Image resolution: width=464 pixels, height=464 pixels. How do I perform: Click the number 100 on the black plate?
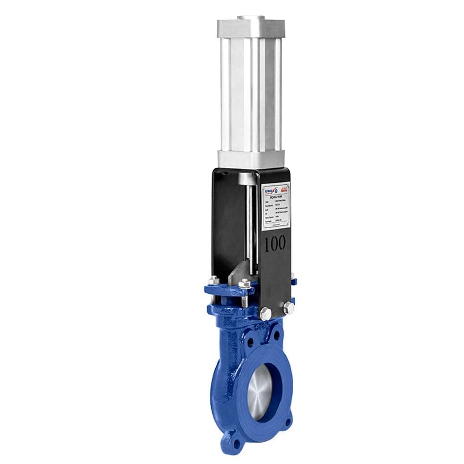click(x=275, y=244)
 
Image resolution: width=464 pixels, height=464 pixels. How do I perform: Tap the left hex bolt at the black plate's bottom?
click(x=265, y=312)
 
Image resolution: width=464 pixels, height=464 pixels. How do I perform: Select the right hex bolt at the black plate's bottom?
click(x=287, y=307)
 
